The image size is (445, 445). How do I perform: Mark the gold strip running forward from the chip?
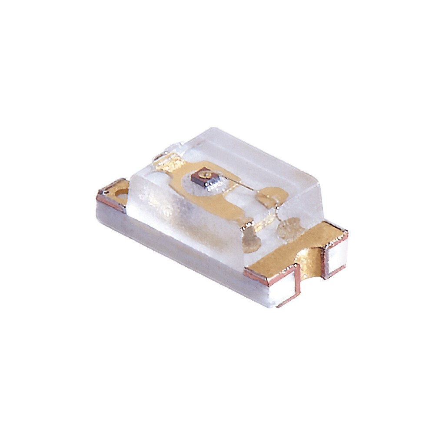tap(226, 209)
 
